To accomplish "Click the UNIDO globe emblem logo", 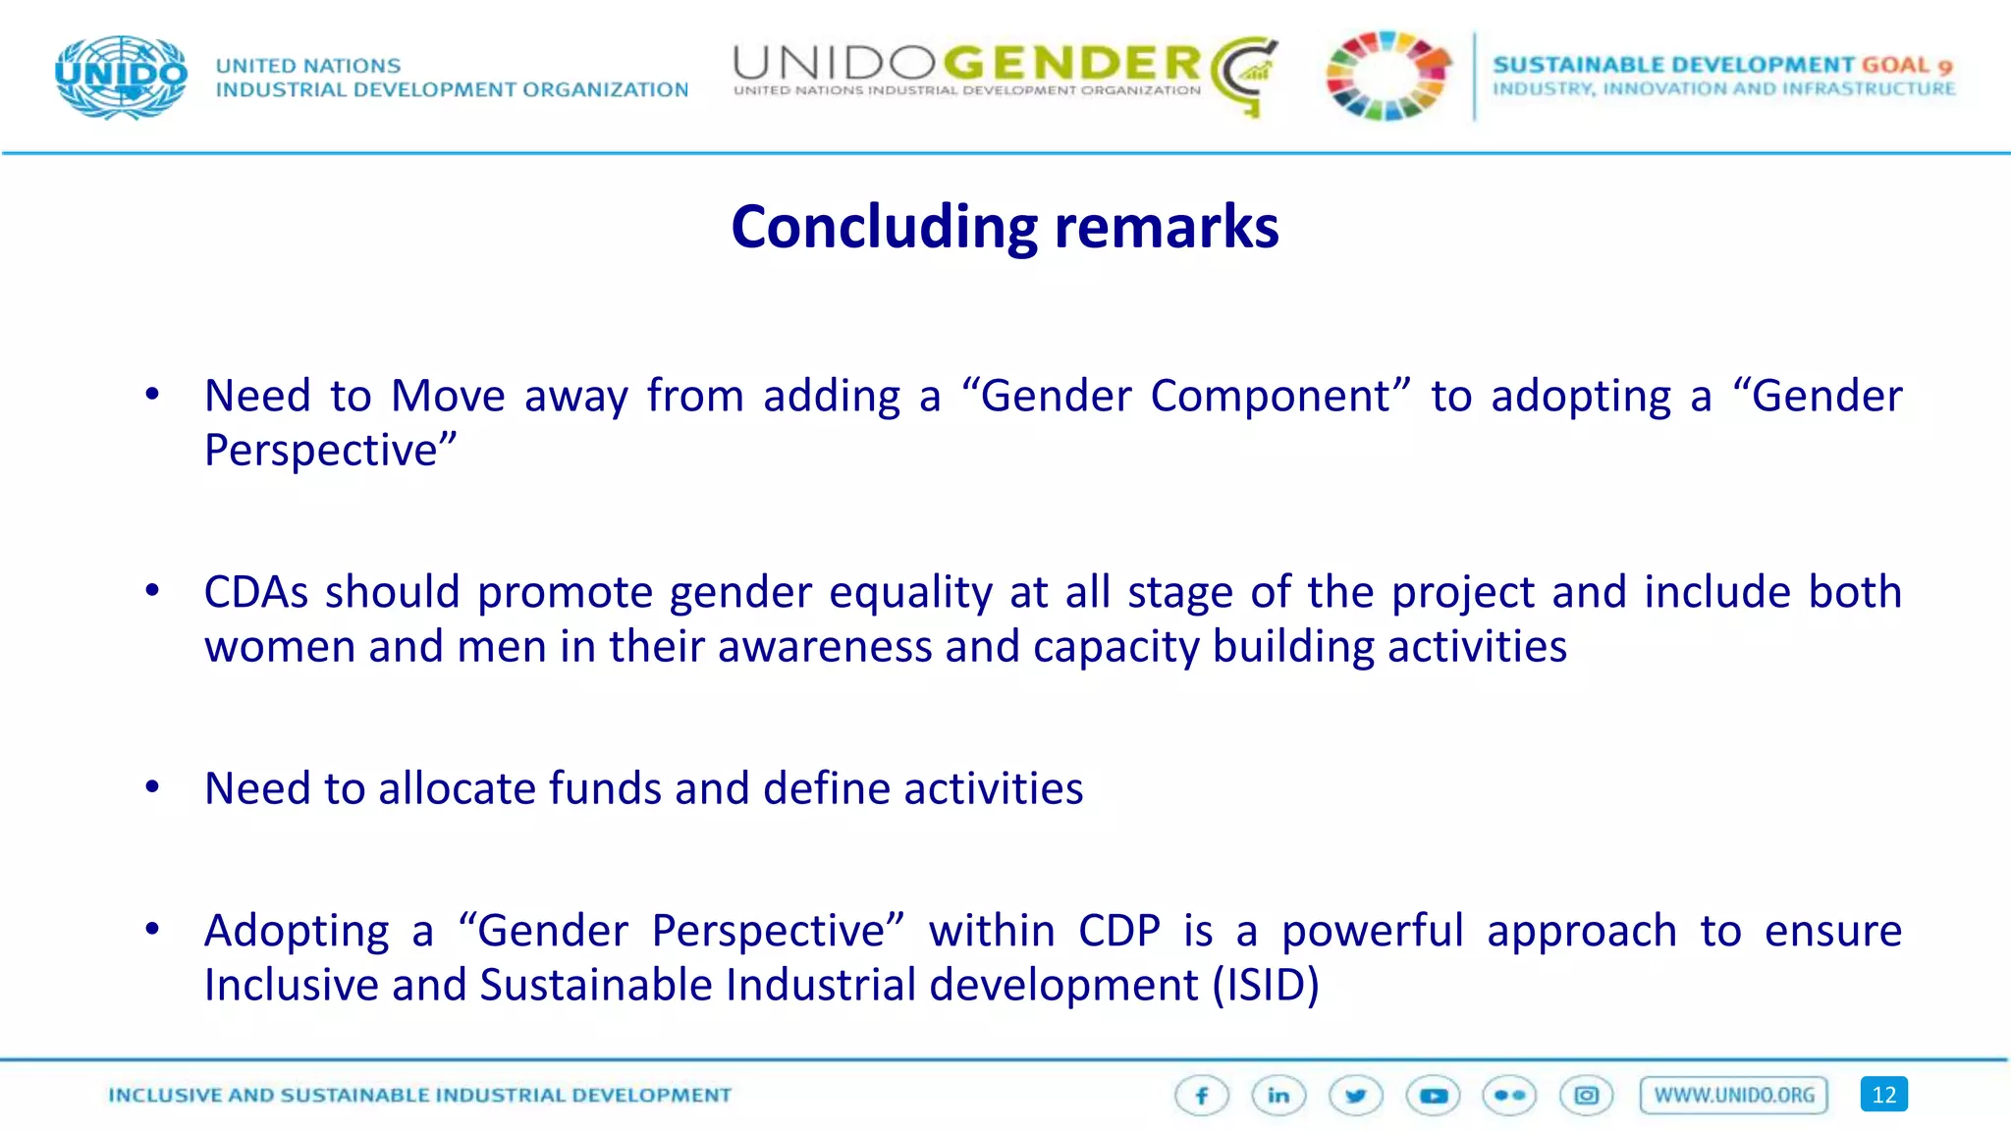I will click(x=122, y=77).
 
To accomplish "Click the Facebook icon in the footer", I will click(x=1202, y=1096).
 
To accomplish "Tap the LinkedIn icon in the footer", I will click(x=1278, y=1096).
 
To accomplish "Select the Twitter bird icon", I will click(x=1356, y=1096).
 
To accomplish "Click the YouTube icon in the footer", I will click(x=1433, y=1096).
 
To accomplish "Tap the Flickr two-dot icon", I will click(x=1509, y=1096).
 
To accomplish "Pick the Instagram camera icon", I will click(x=1586, y=1096).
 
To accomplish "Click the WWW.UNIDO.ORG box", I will click(x=1734, y=1096).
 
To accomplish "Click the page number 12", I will click(x=1883, y=1096).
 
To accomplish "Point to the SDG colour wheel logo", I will click(x=1386, y=77).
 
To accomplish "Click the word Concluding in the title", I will click(x=884, y=228).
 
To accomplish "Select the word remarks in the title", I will click(x=1167, y=228).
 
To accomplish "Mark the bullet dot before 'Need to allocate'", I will click(x=152, y=787).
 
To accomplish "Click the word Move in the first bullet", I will click(x=448, y=397).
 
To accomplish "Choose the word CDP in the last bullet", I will click(x=1119, y=932).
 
